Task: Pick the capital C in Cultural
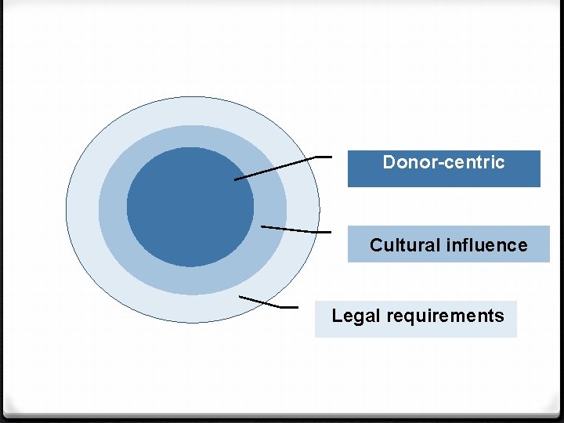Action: tap(376, 245)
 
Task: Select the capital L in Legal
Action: tap(336, 316)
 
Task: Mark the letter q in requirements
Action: tap(399, 317)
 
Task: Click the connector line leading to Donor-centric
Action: tap(282, 167)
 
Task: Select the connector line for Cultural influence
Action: tap(294, 230)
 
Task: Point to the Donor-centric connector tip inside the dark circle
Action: tap(236, 179)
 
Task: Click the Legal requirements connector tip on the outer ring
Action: tap(240, 298)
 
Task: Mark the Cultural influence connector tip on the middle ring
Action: tap(262, 227)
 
